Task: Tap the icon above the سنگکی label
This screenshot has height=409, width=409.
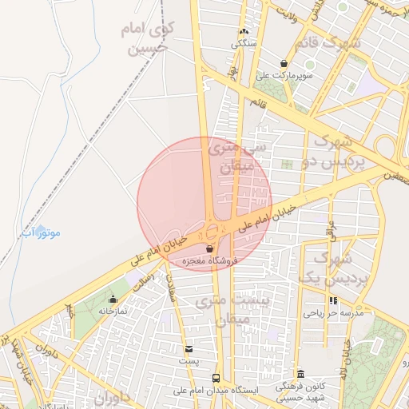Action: pyautogui.click(x=244, y=32)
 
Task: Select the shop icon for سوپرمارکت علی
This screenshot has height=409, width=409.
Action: pyautogui.click(x=284, y=63)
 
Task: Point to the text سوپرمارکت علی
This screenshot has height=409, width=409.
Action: pyautogui.click(x=285, y=75)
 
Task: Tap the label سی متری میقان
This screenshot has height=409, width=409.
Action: pyautogui.click(x=229, y=157)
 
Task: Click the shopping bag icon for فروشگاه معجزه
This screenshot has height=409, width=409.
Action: pyautogui.click(x=209, y=249)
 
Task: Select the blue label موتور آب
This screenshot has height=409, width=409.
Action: pyautogui.click(x=41, y=232)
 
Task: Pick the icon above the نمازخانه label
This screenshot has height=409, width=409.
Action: pyautogui.click(x=113, y=299)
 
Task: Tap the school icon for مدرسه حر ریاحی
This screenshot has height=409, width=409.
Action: pyautogui.click(x=333, y=301)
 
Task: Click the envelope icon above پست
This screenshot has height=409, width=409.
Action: pyautogui.click(x=189, y=349)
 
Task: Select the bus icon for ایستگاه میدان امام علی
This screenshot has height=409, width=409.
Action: pyautogui.click(x=215, y=377)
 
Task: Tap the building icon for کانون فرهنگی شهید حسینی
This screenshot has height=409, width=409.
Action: pyautogui.click(x=300, y=374)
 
